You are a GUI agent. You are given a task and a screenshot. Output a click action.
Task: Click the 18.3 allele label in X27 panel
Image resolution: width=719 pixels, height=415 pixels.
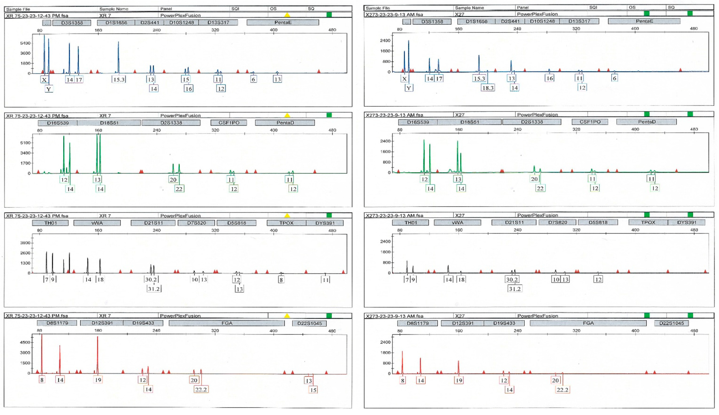[x=488, y=88]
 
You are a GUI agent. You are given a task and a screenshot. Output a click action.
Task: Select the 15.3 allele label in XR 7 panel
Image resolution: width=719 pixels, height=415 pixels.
[x=119, y=80]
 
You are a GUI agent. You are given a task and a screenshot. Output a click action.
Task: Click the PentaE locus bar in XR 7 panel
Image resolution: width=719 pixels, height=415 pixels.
[x=283, y=22]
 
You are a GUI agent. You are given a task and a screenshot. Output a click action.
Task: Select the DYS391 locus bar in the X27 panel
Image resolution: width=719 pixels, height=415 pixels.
[x=686, y=222]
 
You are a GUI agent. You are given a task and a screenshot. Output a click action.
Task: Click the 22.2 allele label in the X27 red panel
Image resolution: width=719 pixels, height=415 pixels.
[x=562, y=390]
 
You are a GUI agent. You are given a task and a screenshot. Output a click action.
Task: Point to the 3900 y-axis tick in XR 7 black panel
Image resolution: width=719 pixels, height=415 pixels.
[x=25, y=243]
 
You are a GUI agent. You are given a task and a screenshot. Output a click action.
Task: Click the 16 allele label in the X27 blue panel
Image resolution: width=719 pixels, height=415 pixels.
[x=549, y=78]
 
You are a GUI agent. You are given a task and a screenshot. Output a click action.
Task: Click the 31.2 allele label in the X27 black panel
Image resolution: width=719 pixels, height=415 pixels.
[x=515, y=289]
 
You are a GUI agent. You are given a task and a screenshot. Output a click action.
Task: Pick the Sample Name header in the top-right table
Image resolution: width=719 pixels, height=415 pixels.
[x=469, y=8]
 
